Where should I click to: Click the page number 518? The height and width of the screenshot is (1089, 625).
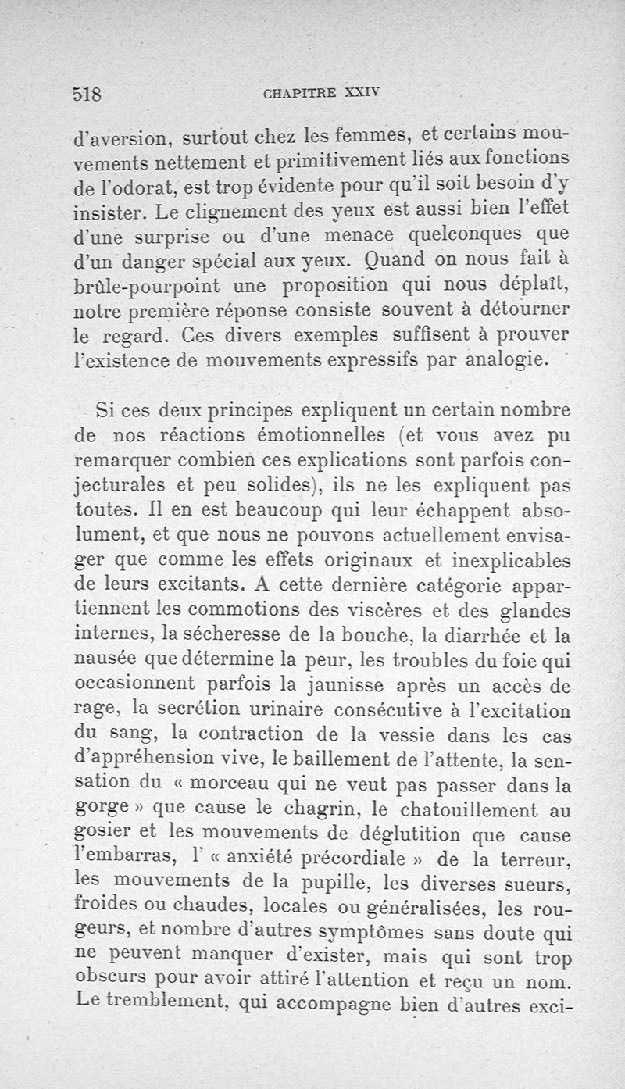pos(88,95)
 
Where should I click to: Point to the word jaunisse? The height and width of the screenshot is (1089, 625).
pos(342,686)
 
